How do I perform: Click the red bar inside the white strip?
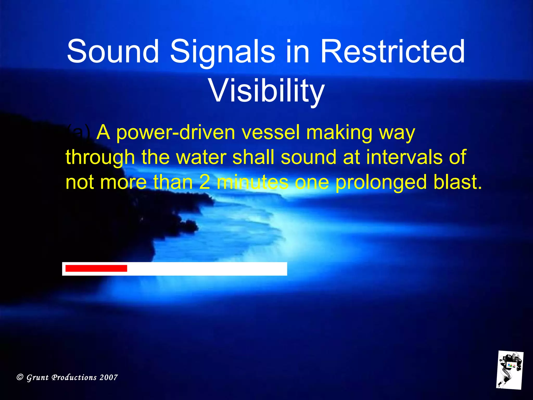coord(96,268)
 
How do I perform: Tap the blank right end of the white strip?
coord(260,269)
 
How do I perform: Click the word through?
coord(100,158)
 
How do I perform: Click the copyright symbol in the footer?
coord(20,377)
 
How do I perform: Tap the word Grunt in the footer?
coord(38,378)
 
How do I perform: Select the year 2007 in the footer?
coord(109,377)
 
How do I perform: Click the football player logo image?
coord(509,370)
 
